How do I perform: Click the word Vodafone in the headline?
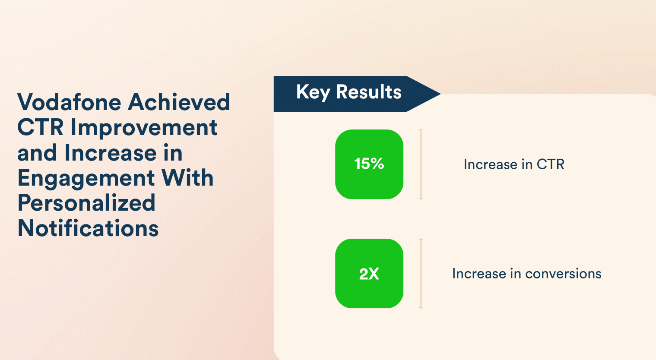(70, 102)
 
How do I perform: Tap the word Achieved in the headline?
(179, 102)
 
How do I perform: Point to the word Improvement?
(144, 128)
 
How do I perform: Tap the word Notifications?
(88, 228)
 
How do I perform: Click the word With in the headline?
(187, 177)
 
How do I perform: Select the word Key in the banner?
(313, 93)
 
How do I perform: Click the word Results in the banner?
(369, 92)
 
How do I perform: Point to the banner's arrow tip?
(441, 94)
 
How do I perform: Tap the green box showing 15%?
(369, 164)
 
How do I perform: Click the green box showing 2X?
(369, 273)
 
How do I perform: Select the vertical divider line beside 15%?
(421, 164)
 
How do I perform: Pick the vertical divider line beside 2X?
(421, 273)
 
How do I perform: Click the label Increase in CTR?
(514, 164)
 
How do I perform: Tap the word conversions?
(563, 274)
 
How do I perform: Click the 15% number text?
(369, 164)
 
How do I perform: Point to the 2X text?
(369, 274)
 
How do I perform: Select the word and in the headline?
(37, 152)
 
